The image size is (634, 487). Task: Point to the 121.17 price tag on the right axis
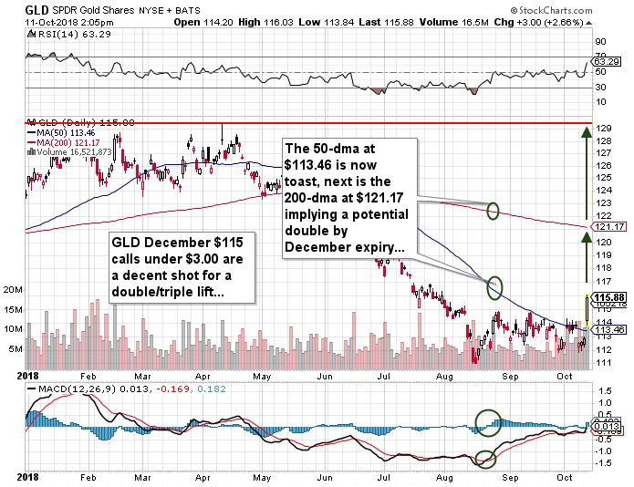pyautogui.click(x=606, y=226)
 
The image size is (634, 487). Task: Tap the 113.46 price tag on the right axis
pyautogui.click(x=606, y=331)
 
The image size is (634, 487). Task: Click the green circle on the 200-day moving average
pyautogui.click(x=494, y=211)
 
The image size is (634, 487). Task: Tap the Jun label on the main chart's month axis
pyautogui.click(x=323, y=374)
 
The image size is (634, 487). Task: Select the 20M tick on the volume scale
pyautogui.click(x=13, y=289)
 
